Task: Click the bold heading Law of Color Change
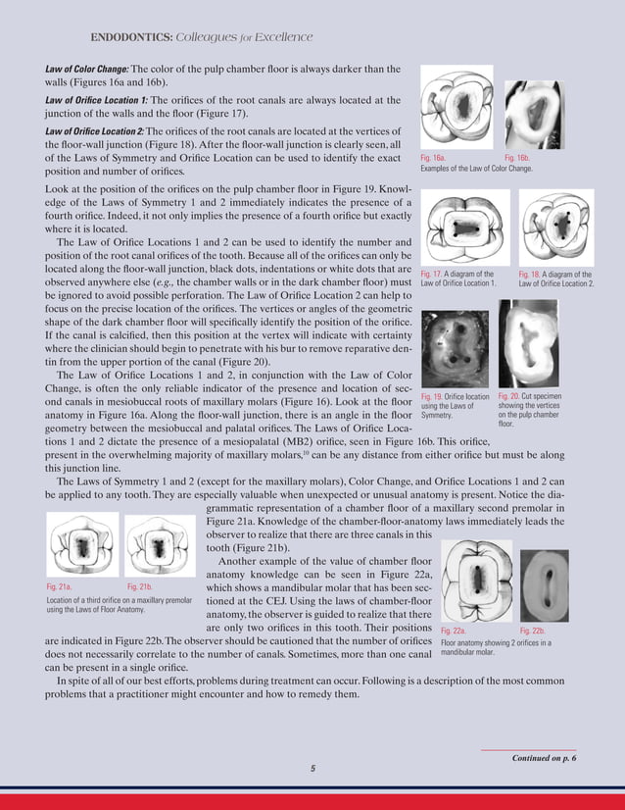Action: pyautogui.click(x=87, y=69)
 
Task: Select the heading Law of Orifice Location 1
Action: pyautogui.click(x=97, y=100)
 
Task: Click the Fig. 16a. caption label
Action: pyautogui.click(x=433, y=157)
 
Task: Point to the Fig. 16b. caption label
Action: pyautogui.click(x=516, y=157)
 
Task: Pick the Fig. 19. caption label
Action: pyautogui.click(x=431, y=396)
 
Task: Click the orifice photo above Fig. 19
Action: pyautogui.click(x=454, y=347)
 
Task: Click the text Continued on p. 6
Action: pyautogui.click(x=544, y=758)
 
